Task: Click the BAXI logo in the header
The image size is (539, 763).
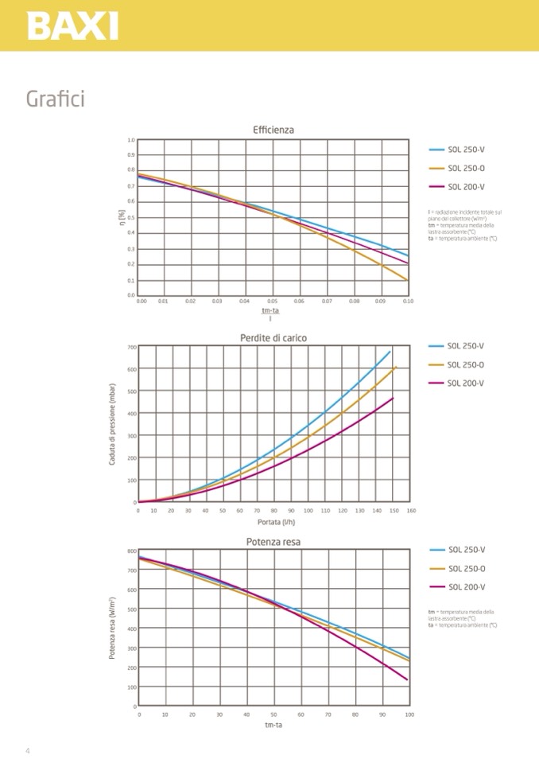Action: (72, 25)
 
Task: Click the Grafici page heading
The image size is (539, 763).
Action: (55, 99)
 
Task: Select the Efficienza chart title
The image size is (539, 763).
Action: (273, 129)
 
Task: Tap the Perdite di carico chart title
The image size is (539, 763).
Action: (273, 338)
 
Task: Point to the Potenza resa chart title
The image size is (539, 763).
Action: (273, 543)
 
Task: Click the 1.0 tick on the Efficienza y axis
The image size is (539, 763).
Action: (131, 140)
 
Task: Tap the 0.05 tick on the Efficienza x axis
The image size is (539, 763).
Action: (272, 302)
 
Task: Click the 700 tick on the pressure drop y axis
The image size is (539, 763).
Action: (130, 347)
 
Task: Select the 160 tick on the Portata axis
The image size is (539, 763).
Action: (411, 510)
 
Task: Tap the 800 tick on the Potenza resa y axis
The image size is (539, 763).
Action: (131, 551)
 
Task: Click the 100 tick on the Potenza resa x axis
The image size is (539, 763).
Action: (409, 714)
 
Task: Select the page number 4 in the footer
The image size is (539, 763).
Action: (27, 751)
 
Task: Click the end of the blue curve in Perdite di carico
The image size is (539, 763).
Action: (390, 351)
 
